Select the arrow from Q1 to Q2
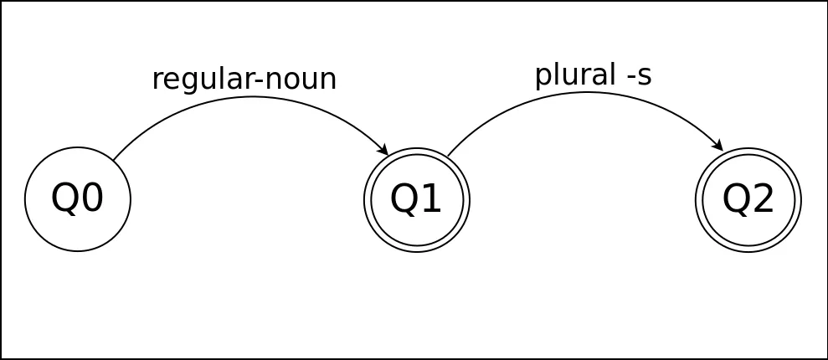586,92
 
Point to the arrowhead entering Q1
384,150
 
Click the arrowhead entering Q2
718,145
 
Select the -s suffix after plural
639,77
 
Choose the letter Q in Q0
64,199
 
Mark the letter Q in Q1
404,200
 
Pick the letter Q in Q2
736,200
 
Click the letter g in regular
183,82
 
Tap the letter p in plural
543,79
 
